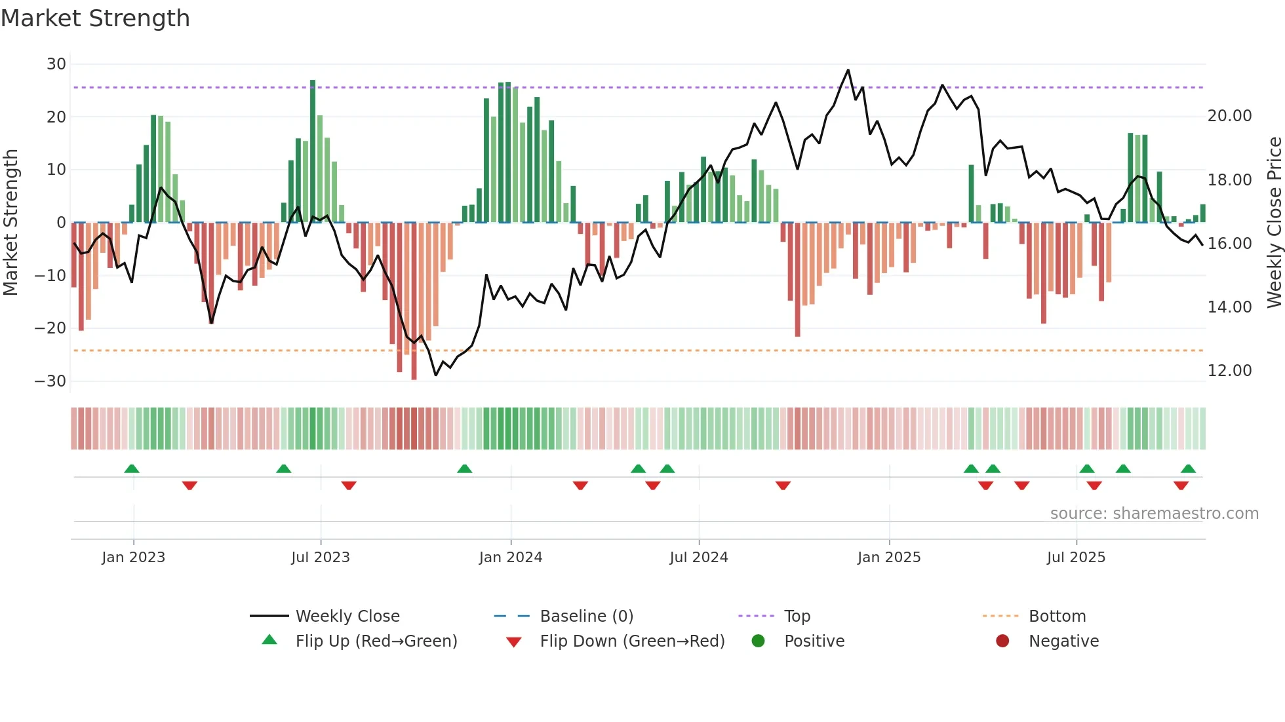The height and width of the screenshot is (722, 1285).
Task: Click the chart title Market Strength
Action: [95, 18]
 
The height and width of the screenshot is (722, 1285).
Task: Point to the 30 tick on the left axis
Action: [56, 64]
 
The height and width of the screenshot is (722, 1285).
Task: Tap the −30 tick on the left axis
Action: [50, 381]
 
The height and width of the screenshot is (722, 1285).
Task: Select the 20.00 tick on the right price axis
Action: [1229, 116]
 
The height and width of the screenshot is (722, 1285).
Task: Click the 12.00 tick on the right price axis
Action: [1229, 371]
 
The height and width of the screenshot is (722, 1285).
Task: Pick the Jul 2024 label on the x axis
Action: [698, 558]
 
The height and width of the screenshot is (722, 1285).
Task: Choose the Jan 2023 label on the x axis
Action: [133, 558]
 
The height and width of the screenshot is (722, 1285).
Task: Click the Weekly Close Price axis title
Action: [1274, 223]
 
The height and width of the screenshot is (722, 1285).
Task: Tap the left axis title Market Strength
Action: [10, 223]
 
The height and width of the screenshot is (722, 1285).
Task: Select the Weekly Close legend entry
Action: [347, 617]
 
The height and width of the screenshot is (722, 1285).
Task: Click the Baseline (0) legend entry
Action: [586, 617]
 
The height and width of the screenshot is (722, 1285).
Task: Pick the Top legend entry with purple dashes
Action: [797, 617]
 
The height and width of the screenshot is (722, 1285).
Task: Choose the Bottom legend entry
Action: [1057, 617]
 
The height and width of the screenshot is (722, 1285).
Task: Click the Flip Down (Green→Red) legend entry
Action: [631, 641]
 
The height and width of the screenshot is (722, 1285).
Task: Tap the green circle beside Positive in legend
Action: [758, 641]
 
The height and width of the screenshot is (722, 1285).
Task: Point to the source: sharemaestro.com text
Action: [1154, 514]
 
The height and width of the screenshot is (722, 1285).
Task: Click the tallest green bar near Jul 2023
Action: [313, 151]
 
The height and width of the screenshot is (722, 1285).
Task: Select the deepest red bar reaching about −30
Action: [414, 301]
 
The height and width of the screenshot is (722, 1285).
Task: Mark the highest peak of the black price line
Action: [848, 70]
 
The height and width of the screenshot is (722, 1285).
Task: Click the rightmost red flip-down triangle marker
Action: [1181, 485]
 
